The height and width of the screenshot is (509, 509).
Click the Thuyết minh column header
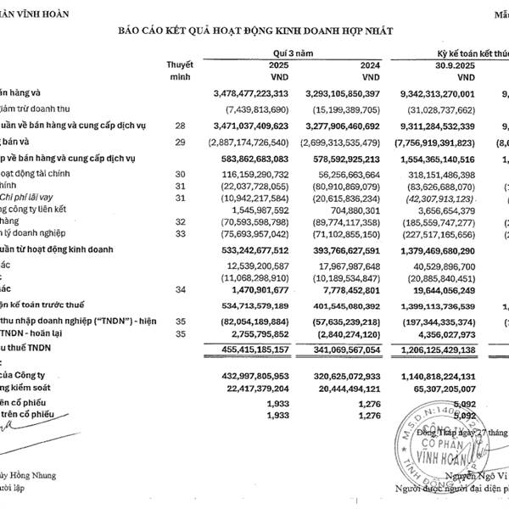click(x=180, y=70)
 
